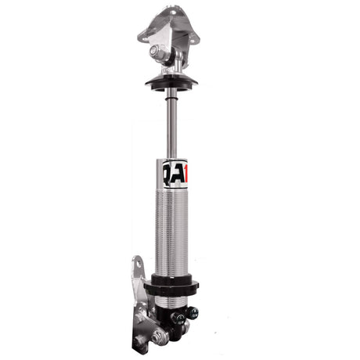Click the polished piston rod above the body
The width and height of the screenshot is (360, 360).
pyautogui.click(x=171, y=125)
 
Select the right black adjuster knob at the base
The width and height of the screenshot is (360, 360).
pyautogui.click(x=191, y=312)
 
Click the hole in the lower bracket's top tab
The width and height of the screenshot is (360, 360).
pyautogui.click(x=139, y=267)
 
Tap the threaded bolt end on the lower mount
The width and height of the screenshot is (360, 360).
pyautogui.click(x=164, y=337)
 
